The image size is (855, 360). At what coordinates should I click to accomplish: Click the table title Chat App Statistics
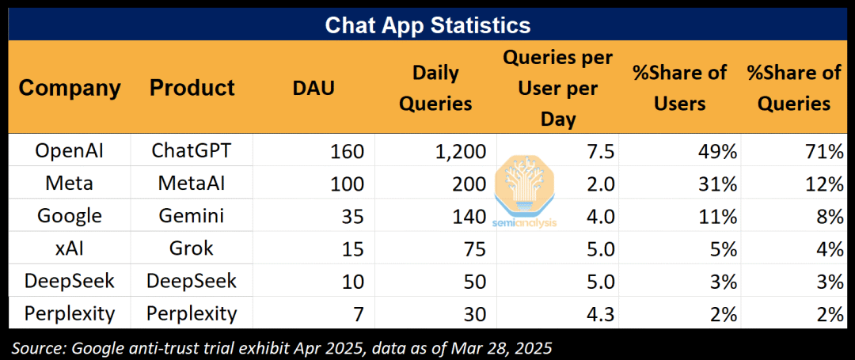pos(427,25)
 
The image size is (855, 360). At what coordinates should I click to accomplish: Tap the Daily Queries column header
pos(435,88)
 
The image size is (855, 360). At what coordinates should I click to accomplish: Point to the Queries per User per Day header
pos(558,88)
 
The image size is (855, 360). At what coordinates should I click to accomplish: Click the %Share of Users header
pos(680,88)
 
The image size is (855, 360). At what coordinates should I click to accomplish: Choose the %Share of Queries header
pos(794,88)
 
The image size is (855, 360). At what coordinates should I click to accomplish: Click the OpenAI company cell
pos(69,151)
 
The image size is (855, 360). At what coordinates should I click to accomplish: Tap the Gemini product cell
pos(191,216)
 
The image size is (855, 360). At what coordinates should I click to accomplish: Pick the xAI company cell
pos(69,249)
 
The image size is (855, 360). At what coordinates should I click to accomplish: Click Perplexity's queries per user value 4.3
pos(602,314)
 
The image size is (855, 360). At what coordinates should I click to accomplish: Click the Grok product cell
pos(191,249)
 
